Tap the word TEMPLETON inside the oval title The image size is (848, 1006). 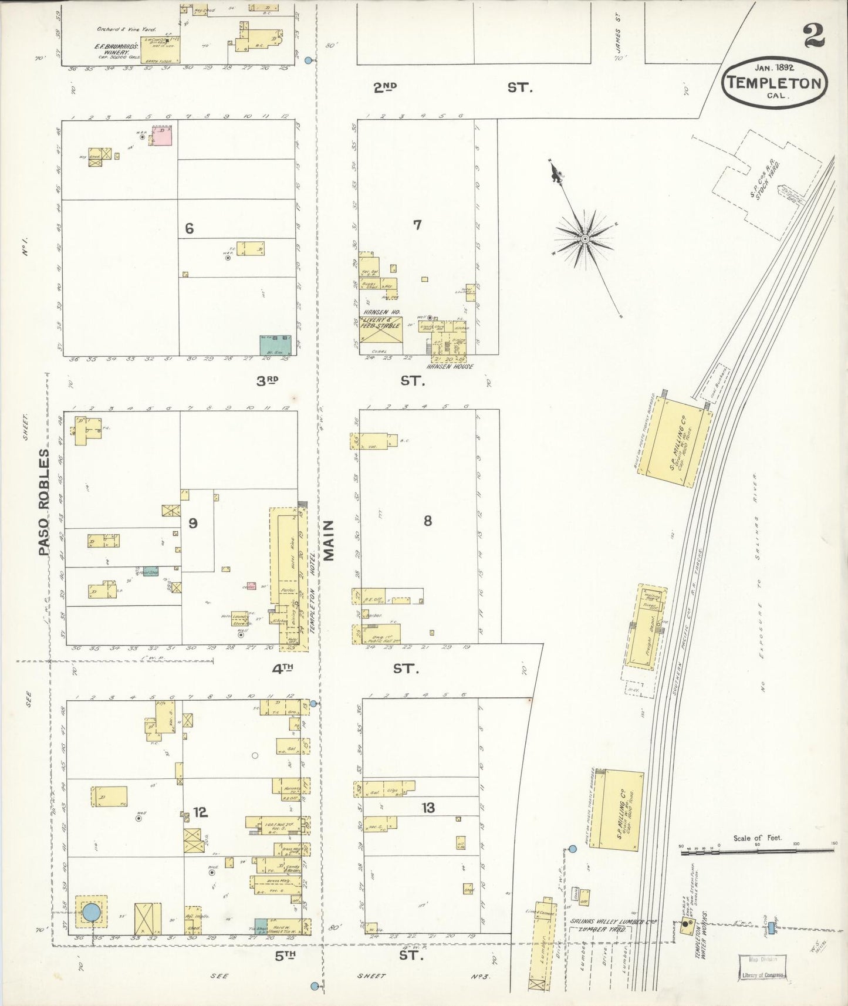(x=774, y=83)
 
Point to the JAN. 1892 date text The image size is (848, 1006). (x=774, y=67)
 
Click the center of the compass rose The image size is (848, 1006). (x=585, y=239)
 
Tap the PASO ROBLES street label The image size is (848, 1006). (x=45, y=503)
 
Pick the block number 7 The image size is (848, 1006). (x=417, y=225)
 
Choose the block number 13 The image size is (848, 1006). (x=428, y=808)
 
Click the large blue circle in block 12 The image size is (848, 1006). (x=91, y=912)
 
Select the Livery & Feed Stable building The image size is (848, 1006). (x=381, y=332)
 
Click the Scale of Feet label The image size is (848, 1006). (x=757, y=838)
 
